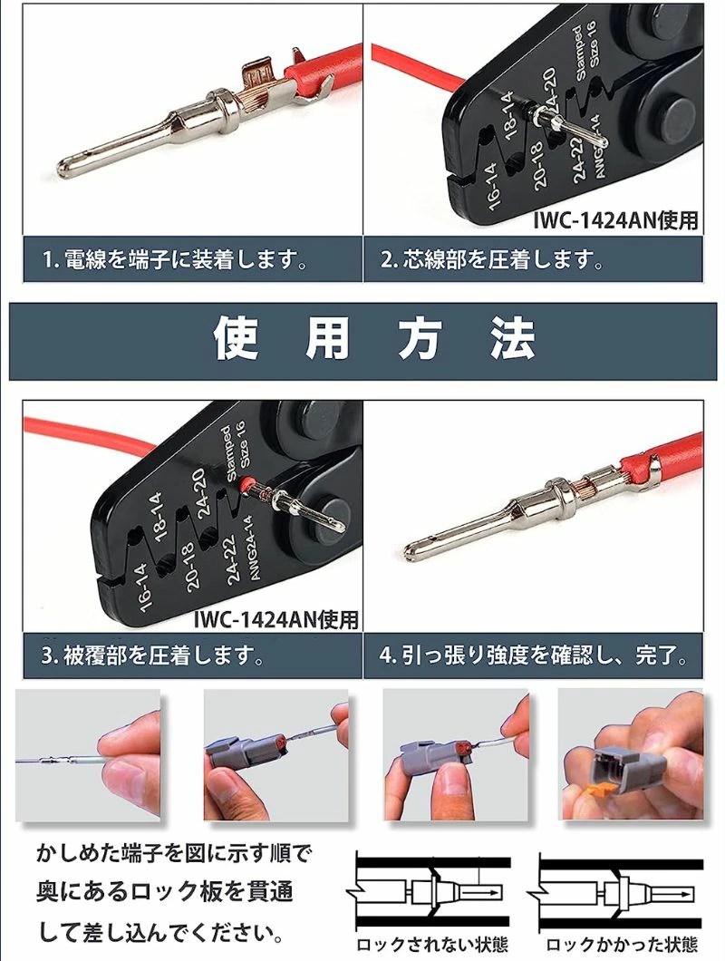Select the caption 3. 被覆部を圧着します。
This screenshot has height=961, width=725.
(x=153, y=655)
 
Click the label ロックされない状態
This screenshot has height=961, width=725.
(x=426, y=944)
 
